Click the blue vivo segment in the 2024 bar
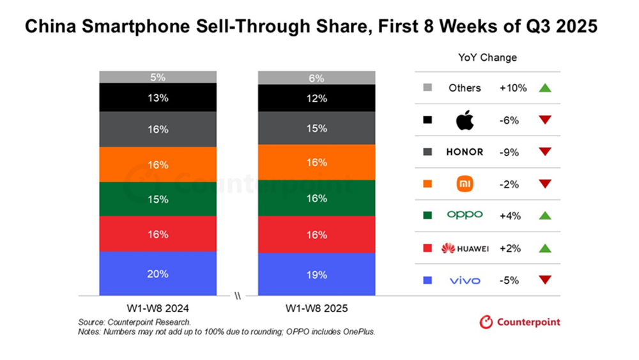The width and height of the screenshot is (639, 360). pyautogui.click(x=158, y=274)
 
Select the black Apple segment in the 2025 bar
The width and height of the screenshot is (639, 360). pyautogui.click(x=316, y=98)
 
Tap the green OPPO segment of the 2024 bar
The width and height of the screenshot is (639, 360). pyautogui.click(x=158, y=200)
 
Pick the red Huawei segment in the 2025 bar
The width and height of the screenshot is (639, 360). pyautogui.click(x=316, y=235)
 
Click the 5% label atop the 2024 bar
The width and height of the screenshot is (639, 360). pyautogui.click(x=158, y=77)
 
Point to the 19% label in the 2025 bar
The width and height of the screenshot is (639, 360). pyautogui.click(x=316, y=274)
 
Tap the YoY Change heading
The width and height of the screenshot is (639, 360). pyautogui.click(x=488, y=58)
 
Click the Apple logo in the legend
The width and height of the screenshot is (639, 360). pyautogui.click(x=465, y=120)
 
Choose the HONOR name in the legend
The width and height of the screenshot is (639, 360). pyautogui.click(x=465, y=152)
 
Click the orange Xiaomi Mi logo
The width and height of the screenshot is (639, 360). pyautogui.click(x=465, y=184)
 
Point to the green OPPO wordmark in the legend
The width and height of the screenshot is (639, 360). pyautogui.click(x=465, y=215)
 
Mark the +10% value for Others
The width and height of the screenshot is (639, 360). pyautogui.click(x=513, y=88)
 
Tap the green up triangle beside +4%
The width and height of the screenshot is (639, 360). pyautogui.click(x=544, y=216)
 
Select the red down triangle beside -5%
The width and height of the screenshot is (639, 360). pyautogui.click(x=544, y=279)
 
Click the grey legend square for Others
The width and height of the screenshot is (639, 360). pyautogui.click(x=427, y=88)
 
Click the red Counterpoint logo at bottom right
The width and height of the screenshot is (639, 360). pyautogui.click(x=520, y=322)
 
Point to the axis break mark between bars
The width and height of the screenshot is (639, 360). pyautogui.click(x=237, y=296)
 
